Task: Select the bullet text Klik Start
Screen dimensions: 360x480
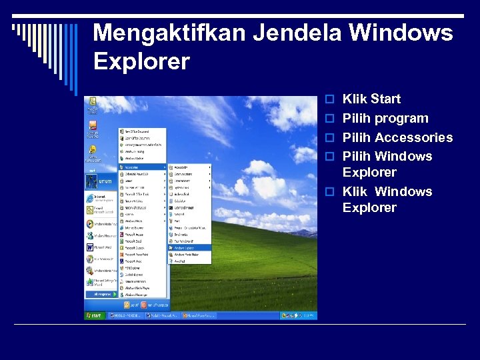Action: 371,99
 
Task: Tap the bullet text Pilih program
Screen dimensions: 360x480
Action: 385,119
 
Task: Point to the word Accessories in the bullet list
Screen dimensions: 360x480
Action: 413,138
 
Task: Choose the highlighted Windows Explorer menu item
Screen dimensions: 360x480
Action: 189,247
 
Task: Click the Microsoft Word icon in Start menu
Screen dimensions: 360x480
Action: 90,247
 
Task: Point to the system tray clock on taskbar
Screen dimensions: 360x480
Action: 309,315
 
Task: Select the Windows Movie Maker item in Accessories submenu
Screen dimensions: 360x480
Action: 189,254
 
